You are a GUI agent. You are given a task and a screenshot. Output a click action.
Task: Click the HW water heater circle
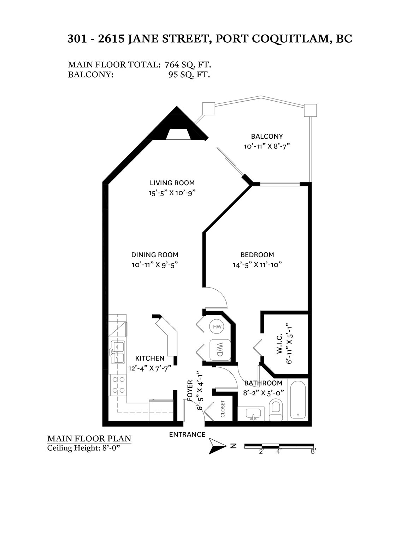tap(217, 327)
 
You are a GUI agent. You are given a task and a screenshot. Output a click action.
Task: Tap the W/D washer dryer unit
tap(220, 350)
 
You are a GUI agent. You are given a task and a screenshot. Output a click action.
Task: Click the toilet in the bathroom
tap(276, 410)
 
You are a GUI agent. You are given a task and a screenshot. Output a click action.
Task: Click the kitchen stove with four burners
tap(118, 385)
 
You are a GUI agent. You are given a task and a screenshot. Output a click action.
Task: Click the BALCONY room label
tap(267, 137)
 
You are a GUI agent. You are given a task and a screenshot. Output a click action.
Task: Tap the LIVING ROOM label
tap(172, 183)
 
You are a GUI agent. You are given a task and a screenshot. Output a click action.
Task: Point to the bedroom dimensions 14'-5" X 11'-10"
tap(258, 265)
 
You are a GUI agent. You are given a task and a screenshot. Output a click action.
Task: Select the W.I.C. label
tap(279, 344)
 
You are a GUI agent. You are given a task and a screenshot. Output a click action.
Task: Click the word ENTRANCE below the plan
tap(187, 434)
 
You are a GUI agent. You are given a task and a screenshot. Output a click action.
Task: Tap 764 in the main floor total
tap(172, 65)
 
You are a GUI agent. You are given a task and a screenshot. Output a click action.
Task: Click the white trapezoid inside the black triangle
tap(178, 134)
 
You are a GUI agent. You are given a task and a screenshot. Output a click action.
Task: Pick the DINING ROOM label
tap(155, 255)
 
